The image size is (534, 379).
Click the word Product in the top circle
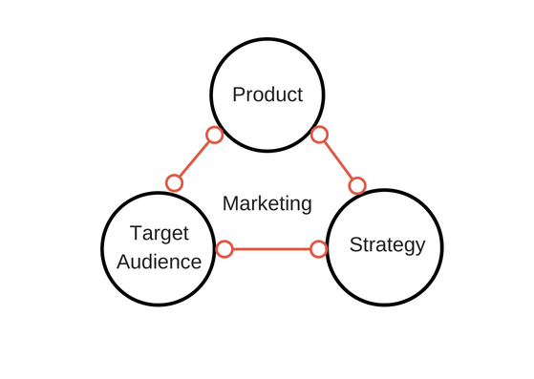coord(267,95)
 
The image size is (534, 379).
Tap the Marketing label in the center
coord(267,203)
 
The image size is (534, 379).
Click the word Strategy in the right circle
coord(387,244)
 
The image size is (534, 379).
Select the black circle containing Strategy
coord(387,277)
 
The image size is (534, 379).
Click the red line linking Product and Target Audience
coord(195,158)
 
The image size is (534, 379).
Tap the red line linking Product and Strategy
coord(339,159)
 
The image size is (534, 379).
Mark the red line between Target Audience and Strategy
coord(272,249)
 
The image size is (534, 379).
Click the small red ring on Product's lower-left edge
coord(215,135)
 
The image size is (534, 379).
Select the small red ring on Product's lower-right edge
coord(320,135)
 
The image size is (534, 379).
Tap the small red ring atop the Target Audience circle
coord(174,182)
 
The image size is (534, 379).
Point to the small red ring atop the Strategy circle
coord(357,185)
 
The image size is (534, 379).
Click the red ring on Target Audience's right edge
coord(224,249)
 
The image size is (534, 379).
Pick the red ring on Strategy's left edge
coord(319,249)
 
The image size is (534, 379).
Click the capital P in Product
coord(240,95)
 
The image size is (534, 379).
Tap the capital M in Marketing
coord(229,203)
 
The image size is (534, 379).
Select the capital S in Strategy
coord(355,244)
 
